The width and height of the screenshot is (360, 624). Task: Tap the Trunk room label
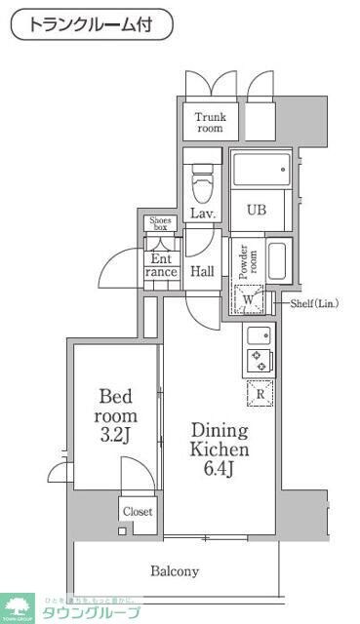pyautogui.click(x=209, y=121)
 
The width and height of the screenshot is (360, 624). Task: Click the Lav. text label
pyautogui.click(x=203, y=213)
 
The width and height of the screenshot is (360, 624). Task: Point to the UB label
pyautogui.click(x=256, y=210)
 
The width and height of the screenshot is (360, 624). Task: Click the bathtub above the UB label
pyautogui.click(x=260, y=170)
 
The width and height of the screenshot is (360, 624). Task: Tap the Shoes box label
pyautogui.click(x=159, y=224)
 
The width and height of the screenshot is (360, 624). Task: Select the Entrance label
pyautogui.click(x=161, y=266)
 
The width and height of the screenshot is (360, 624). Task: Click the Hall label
pyautogui.click(x=203, y=271)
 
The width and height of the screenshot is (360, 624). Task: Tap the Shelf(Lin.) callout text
pyautogui.click(x=314, y=304)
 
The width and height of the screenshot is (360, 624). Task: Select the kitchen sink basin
pyautogui.click(x=259, y=336)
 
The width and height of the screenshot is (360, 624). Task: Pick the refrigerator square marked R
pyautogui.click(x=260, y=394)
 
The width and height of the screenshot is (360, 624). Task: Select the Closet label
pyautogui.click(x=137, y=510)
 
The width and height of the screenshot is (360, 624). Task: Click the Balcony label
pyautogui.click(x=175, y=571)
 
